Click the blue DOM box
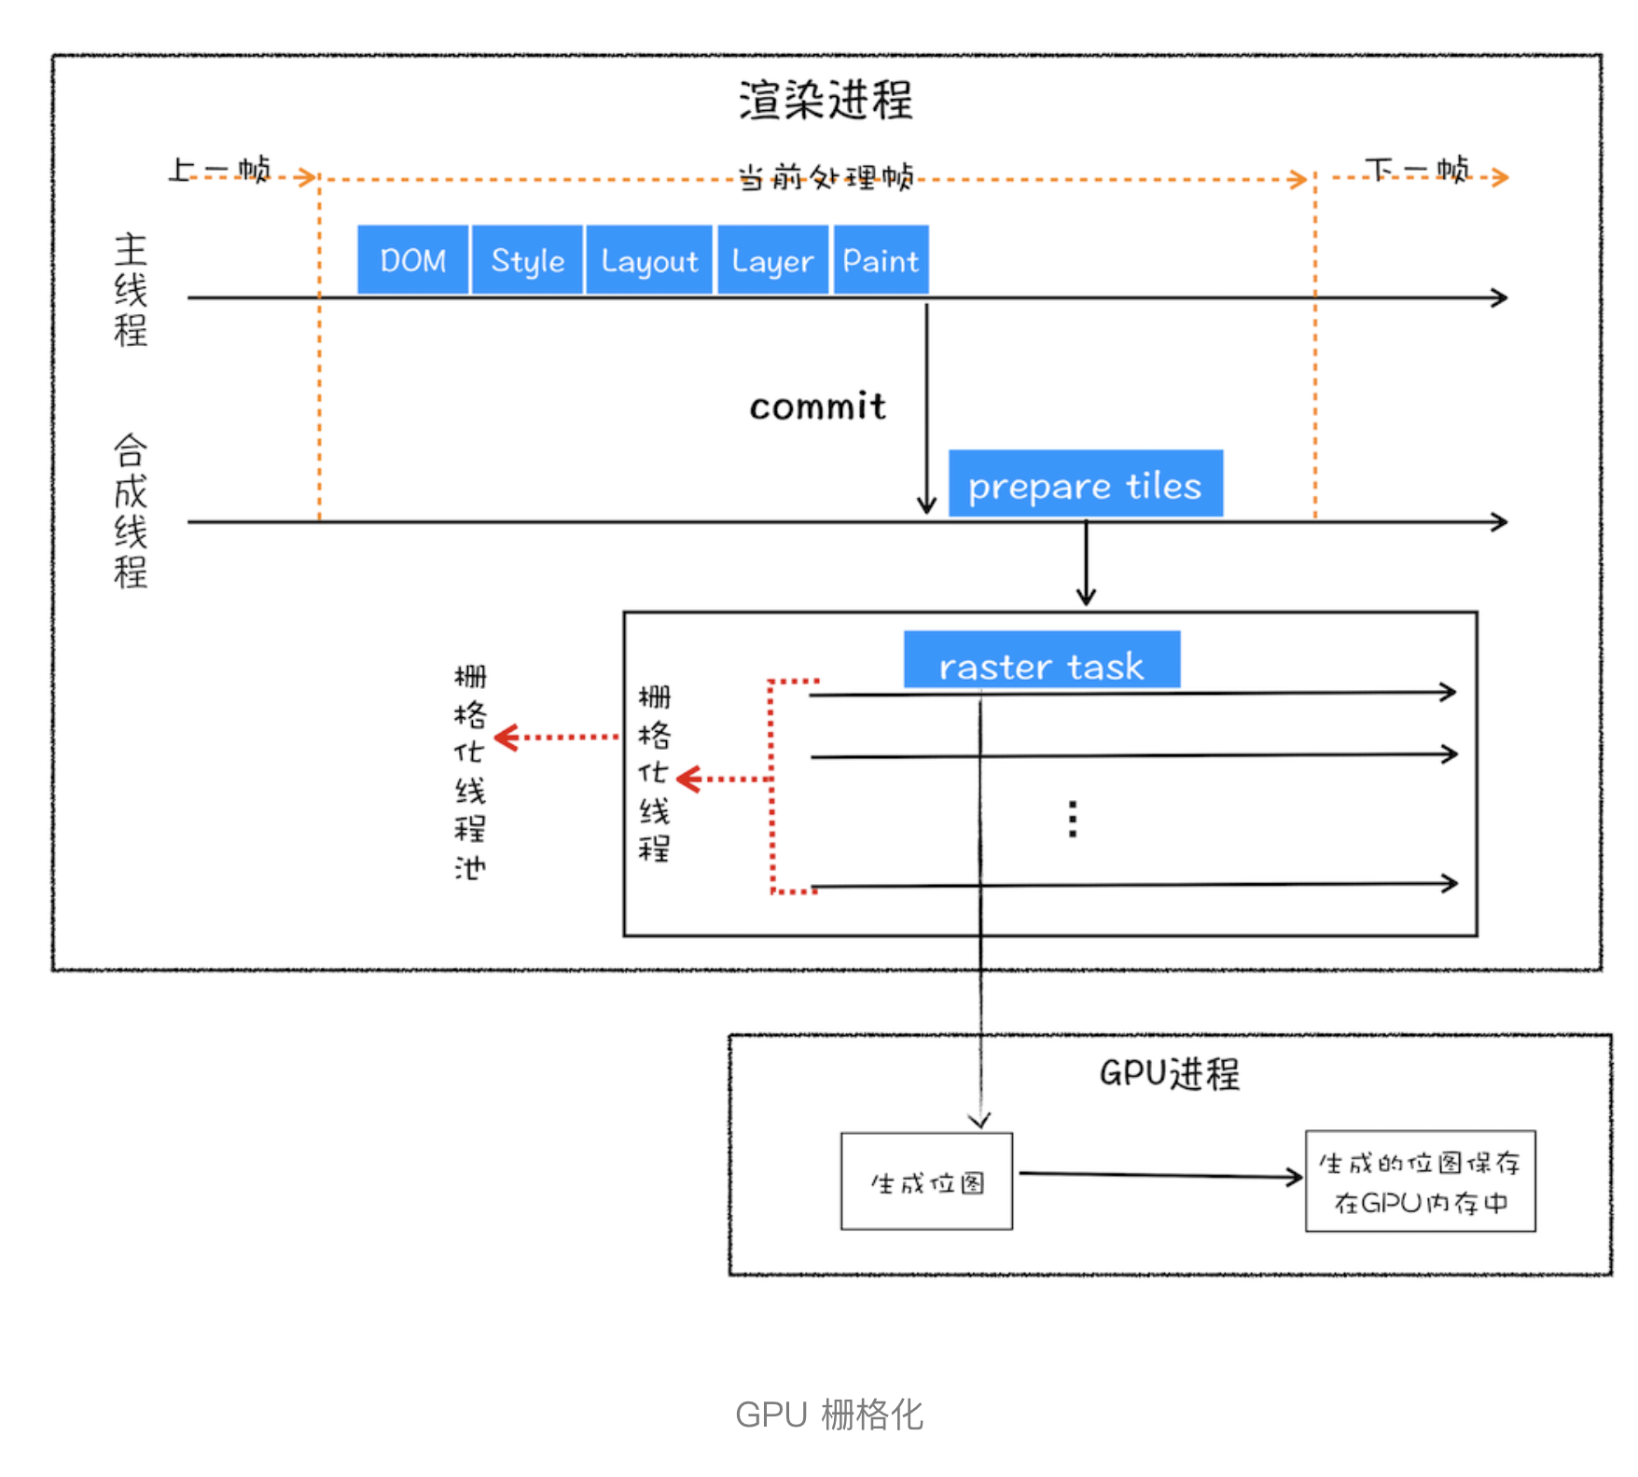[x=412, y=260]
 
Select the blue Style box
[x=528, y=260]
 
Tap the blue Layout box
[x=649, y=260]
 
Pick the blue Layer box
[x=772, y=260]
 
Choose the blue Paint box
[x=881, y=260]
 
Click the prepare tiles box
[x=1085, y=484]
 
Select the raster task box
[x=1041, y=660]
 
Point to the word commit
[x=817, y=407]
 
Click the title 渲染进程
[x=826, y=100]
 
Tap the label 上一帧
[x=220, y=171]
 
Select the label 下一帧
[x=1416, y=171]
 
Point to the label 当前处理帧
[x=826, y=176]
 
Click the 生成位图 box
[x=926, y=1182]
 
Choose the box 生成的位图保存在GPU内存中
[x=1420, y=1182]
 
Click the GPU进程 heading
[x=1169, y=1073]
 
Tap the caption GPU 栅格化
[x=828, y=1415]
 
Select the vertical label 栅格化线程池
[x=470, y=772]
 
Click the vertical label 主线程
[x=131, y=290]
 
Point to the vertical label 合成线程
[x=131, y=511]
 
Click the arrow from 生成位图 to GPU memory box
[x=1159, y=1176]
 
